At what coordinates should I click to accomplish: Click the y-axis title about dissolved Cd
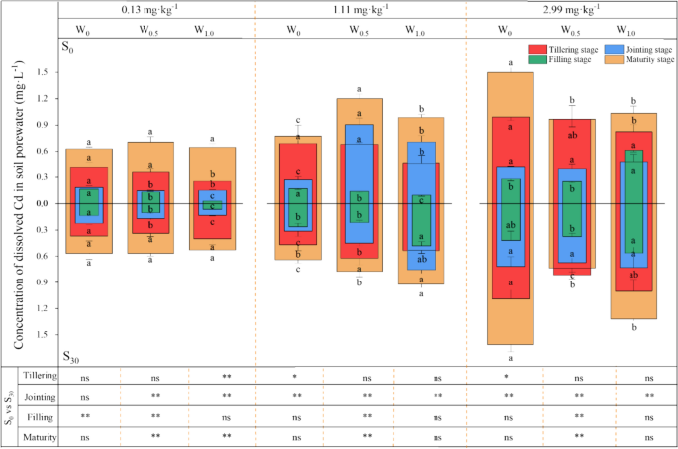pyautogui.click(x=19, y=204)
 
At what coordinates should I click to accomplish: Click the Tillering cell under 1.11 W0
pyautogui.click(x=295, y=378)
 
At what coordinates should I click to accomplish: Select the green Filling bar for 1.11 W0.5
pyautogui.click(x=359, y=206)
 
